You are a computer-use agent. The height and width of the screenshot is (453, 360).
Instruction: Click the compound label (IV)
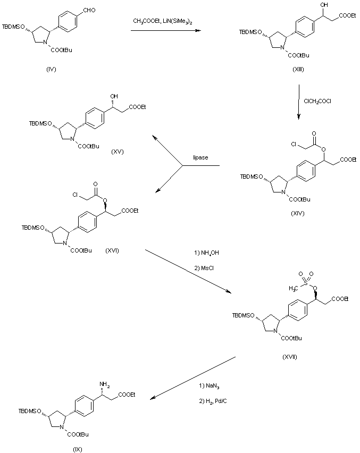(x=51, y=69)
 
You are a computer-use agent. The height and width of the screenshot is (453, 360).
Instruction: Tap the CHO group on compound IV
(x=89, y=6)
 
